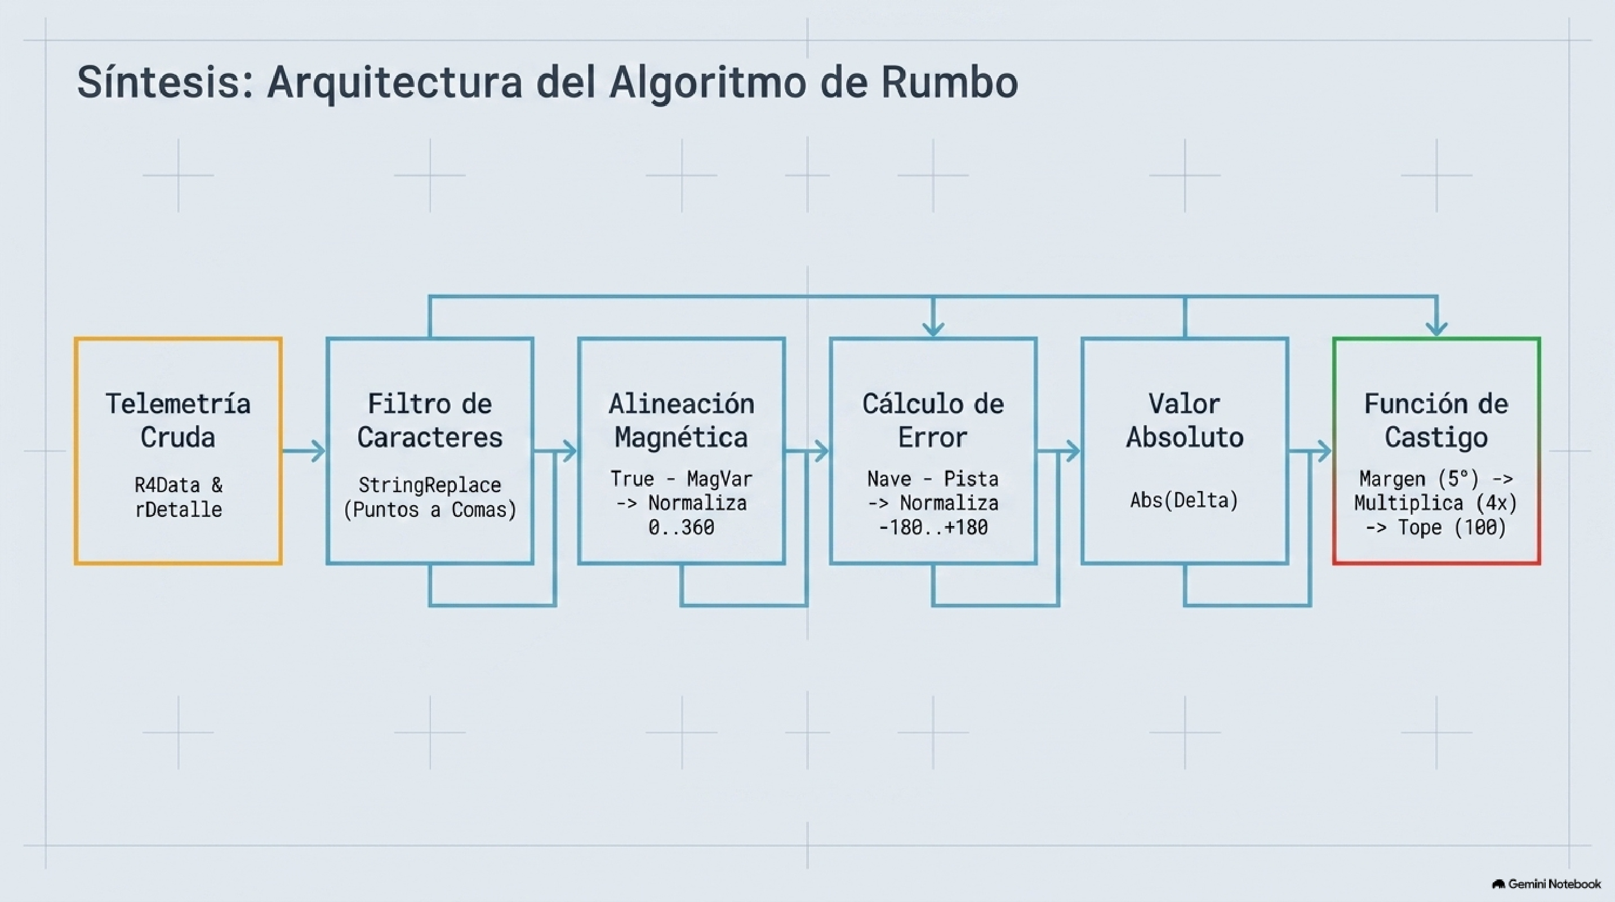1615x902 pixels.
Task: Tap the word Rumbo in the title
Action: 949,82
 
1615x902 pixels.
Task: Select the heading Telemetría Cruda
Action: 178,420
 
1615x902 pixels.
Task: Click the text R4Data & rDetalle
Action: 179,497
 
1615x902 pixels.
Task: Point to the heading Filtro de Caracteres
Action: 430,420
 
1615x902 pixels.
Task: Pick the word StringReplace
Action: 430,485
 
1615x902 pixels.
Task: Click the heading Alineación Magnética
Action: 682,420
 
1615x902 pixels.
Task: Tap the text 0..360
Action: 682,528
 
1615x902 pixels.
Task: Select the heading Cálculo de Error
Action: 933,420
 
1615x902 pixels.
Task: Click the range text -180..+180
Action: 933,528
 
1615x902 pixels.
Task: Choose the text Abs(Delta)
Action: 1184,501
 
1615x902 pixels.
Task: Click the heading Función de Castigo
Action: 1436,420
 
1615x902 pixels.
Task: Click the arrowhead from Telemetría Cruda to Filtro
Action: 318,451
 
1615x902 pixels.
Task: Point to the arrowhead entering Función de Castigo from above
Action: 1436,329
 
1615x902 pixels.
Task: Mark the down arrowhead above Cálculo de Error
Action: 933,329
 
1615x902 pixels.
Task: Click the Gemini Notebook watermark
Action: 1547,885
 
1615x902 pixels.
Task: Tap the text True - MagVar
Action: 682,479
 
